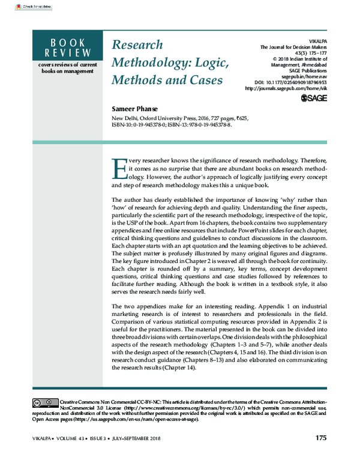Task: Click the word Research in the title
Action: pyautogui.click(x=137, y=45)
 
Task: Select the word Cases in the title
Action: pyautogui.click(x=202, y=79)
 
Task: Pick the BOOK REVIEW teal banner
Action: pyautogui.click(x=66, y=47)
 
